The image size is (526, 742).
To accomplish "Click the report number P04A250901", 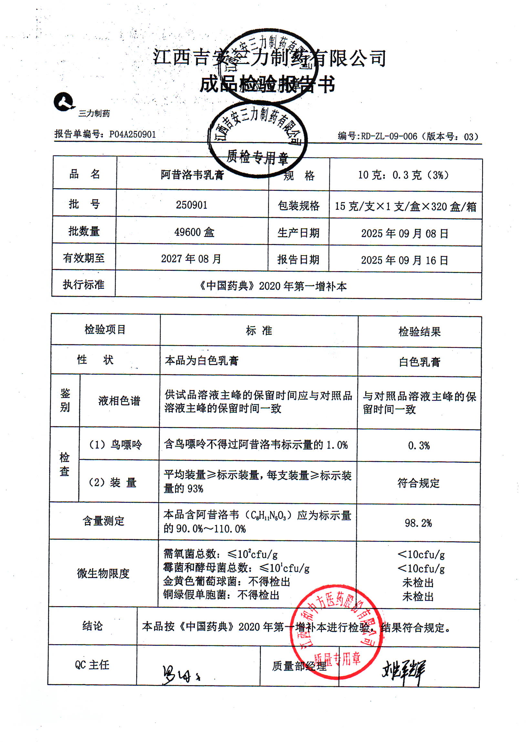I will [132, 134].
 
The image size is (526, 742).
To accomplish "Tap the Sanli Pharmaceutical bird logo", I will [64, 102].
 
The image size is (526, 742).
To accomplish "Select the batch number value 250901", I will [191, 205].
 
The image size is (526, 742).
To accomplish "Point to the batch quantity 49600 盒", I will [194, 232].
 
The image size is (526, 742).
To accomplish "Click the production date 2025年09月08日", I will [405, 233].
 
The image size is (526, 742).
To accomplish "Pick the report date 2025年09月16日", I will [405, 260].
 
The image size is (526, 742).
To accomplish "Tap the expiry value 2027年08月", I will [191, 259].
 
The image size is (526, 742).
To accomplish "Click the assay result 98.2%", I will [418, 523].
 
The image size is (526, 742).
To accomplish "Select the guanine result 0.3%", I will [419, 446].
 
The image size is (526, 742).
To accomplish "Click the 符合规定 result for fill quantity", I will [418, 483].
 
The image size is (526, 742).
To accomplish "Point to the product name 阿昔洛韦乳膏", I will [192, 175].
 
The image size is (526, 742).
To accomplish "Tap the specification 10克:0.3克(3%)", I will [404, 175].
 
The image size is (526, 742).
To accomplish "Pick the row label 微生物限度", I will [103, 574].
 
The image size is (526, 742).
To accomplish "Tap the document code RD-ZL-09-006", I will [389, 137].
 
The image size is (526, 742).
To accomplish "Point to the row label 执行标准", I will [84, 285].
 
